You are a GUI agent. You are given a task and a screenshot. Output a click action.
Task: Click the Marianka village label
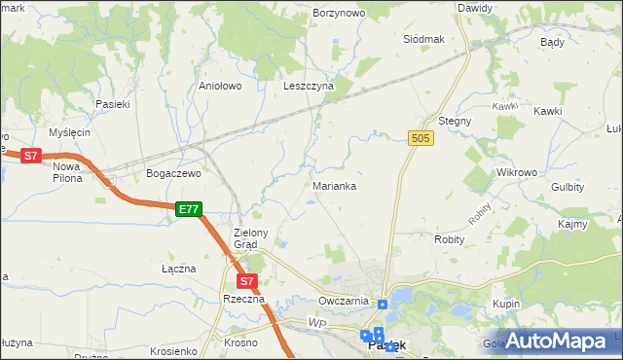click(334, 185)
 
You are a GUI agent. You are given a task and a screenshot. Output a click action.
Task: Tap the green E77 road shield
click(189, 209)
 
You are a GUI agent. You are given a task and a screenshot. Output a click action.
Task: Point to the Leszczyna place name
click(309, 86)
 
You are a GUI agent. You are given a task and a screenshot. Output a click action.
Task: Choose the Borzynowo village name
click(339, 14)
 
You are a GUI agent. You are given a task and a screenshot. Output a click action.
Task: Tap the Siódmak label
click(423, 39)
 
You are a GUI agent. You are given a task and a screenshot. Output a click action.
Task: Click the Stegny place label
click(455, 121)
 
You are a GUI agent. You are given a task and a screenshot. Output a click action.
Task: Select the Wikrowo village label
click(517, 172)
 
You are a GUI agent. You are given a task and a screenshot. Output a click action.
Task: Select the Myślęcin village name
click(69, 132)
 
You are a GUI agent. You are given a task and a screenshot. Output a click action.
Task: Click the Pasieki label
click(112, 103)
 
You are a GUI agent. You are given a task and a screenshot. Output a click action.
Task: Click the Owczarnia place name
click(343, 301)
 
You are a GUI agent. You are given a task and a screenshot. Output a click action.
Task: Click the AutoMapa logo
click(558, 341)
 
